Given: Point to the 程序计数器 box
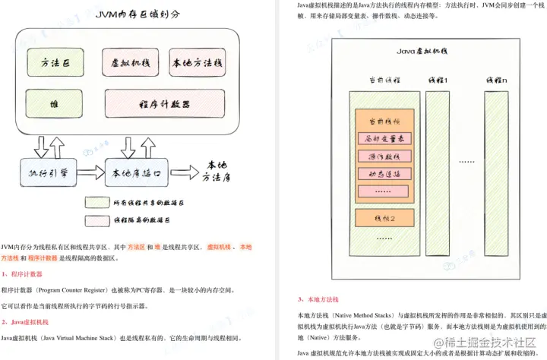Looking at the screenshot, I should coord(165,103).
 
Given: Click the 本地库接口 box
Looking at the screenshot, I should coord(137,173).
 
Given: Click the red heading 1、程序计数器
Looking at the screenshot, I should coord(22,273).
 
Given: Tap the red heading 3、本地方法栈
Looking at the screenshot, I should coord(319,299).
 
